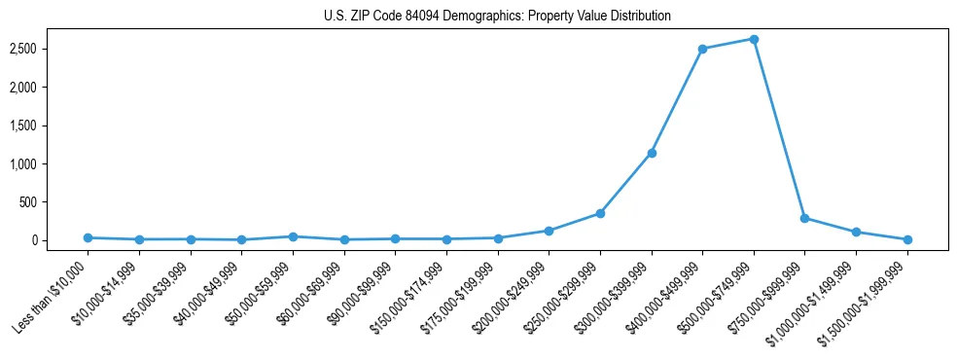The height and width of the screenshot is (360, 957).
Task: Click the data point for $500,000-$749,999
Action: tap(753, 39)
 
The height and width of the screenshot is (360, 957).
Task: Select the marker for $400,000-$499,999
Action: tap(702, 49)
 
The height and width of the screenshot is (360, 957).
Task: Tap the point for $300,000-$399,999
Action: tap(651, 153)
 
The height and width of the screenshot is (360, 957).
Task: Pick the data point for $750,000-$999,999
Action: tap(804, 218)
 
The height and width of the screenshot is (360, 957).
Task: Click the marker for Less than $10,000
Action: tap(88, 237)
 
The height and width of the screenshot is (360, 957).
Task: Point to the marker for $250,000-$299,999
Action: tap(600, 213)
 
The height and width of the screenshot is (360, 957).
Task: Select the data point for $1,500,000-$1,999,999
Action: tap(906, 239)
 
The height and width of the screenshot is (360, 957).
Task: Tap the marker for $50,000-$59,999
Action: tap(293, 236)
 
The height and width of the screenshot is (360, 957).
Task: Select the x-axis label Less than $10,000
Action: tap(52, 296)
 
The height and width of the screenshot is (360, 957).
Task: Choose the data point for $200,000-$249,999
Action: tap(549, 231)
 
